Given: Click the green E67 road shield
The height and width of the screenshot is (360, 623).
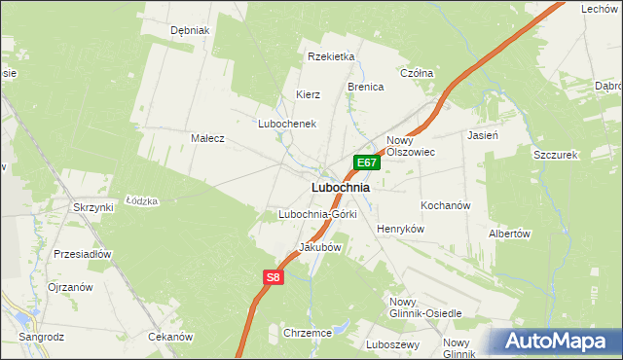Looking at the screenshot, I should [365, 163].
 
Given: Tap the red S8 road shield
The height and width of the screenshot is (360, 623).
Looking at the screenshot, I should [274, 278].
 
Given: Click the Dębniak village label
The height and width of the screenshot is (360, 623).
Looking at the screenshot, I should [190, 30].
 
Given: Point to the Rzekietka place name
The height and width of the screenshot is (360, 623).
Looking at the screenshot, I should [331, 56].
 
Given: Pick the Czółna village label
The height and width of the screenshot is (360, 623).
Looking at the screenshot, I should [417, 73].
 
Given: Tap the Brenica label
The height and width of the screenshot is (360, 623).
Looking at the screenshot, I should [366, 87].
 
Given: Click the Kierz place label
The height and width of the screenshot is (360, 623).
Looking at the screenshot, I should [309, 94].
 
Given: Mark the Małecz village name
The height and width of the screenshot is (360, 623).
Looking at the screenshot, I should [207, 138].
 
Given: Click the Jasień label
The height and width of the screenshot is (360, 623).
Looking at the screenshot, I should [483, 135].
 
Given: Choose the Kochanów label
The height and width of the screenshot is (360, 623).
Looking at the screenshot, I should [446, 206].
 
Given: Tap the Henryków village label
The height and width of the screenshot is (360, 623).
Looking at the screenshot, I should [401, 228].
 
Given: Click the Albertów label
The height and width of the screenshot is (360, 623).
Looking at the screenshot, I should [509, 234].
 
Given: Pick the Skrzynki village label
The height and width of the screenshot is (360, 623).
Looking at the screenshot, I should [93, 207].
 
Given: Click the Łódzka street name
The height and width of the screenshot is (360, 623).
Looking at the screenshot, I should [142, 200].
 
